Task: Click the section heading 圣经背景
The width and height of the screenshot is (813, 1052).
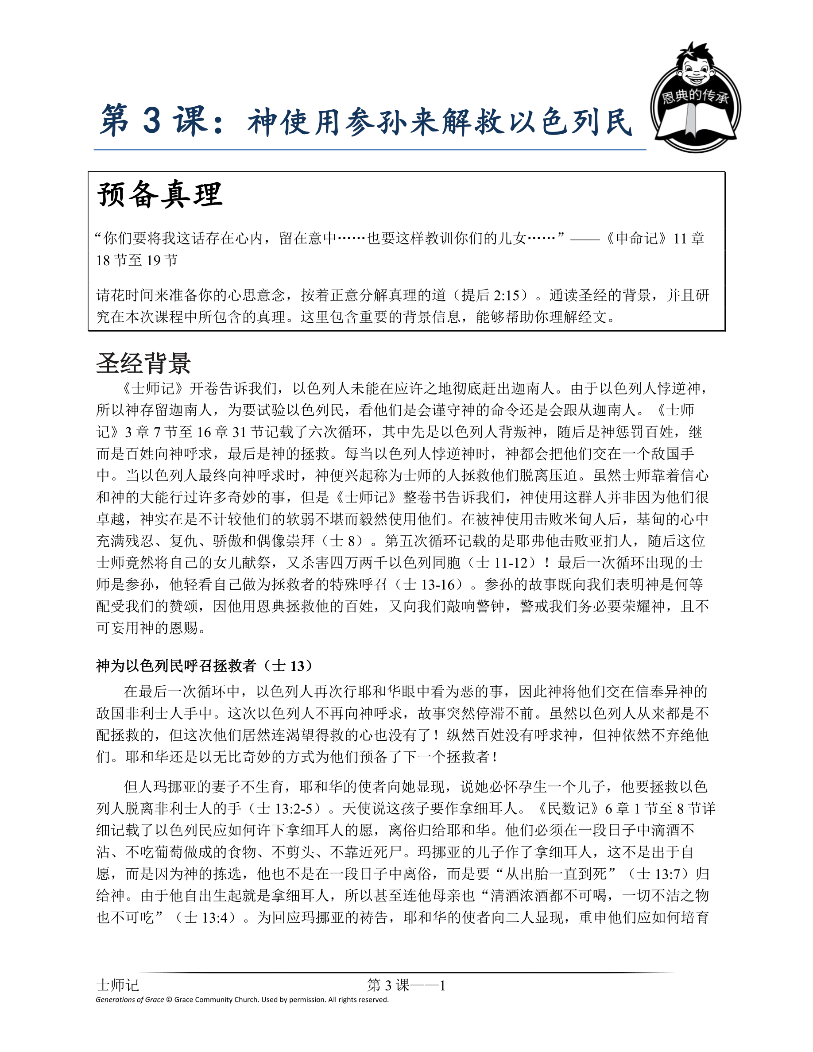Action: click(143, 363)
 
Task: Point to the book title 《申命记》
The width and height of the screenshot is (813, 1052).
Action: click(636, 238)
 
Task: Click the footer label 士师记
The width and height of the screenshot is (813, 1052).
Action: click(117, 985)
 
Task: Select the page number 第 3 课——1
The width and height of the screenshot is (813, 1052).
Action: click(406, 985)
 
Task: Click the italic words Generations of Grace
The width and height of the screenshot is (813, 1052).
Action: click(130, 999)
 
